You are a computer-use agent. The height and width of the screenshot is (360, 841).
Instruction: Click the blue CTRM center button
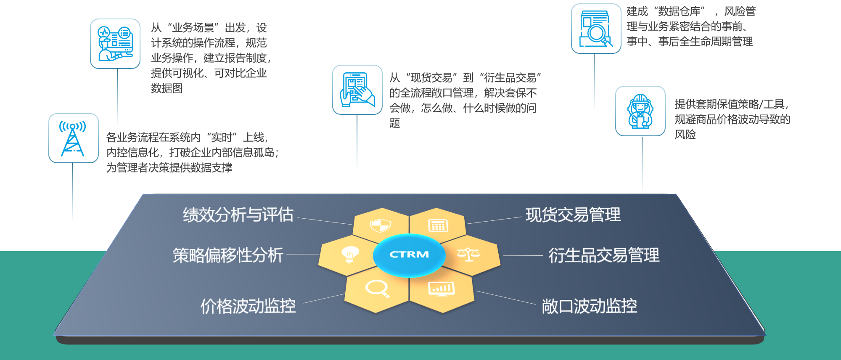[x=409, y=254]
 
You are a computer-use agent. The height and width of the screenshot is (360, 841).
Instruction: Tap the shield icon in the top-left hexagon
[x=381, y=225]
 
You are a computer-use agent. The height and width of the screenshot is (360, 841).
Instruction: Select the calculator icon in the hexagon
[x=438, y=225]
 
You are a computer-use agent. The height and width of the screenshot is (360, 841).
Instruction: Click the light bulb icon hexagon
[x=349, y=254]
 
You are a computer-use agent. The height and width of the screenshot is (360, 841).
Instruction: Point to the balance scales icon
[x=468, y=254]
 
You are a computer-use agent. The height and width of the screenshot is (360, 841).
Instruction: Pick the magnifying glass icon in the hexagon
[x=377, y=289]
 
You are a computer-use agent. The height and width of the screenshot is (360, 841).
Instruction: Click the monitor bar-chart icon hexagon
[x=441, y=289]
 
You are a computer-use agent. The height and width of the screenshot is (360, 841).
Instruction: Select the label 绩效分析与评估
[x=238, y=215]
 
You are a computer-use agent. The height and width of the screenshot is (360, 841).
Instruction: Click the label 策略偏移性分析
[x=228, y=255]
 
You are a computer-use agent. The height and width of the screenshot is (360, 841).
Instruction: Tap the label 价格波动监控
[x=248, y=306]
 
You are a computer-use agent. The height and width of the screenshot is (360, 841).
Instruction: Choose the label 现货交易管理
[x=573, y=215]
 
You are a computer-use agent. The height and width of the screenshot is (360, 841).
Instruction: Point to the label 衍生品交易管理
[x=604, y=255]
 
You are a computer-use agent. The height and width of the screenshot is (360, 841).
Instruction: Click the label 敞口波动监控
[x=589, y=306]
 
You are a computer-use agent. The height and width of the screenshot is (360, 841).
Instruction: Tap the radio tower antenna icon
[x=73, y=138]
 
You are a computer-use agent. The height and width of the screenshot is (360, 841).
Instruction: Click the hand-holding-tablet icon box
[x=357, y=90]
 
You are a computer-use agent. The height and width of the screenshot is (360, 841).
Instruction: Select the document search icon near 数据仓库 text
[x=596, y=29]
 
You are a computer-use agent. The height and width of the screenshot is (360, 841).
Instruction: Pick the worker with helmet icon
[x=640, y=111]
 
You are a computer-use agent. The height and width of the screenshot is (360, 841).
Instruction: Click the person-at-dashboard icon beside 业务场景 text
[x=115, y=44]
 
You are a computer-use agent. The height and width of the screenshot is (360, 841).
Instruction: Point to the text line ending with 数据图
[x=167, y=88]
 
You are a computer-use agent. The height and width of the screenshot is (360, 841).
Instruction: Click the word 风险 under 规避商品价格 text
[x=685, y=135]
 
